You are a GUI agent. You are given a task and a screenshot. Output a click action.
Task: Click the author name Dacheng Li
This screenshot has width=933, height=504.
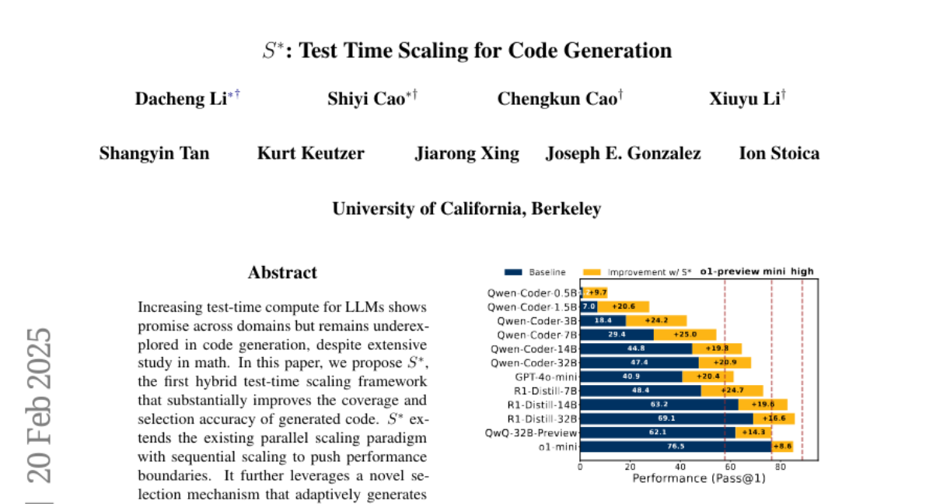180,99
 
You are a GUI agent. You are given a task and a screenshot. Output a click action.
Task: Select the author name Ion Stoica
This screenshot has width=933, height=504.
778,153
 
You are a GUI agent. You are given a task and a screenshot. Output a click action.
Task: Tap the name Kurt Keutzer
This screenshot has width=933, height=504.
310,153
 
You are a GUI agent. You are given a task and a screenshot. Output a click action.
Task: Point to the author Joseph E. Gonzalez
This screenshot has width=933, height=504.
623,153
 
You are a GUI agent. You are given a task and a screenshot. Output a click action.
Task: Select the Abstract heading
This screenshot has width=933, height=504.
282,273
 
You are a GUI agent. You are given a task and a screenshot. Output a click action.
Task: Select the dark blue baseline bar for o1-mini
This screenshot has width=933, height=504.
675,446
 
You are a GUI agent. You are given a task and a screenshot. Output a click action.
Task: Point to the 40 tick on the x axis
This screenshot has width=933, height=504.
680,467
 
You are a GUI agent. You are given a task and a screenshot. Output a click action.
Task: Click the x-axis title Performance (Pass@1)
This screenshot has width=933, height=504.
699,479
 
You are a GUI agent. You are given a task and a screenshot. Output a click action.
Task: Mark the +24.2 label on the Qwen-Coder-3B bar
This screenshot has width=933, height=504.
655,320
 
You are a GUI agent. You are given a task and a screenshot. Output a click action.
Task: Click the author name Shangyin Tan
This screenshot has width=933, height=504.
154,153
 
